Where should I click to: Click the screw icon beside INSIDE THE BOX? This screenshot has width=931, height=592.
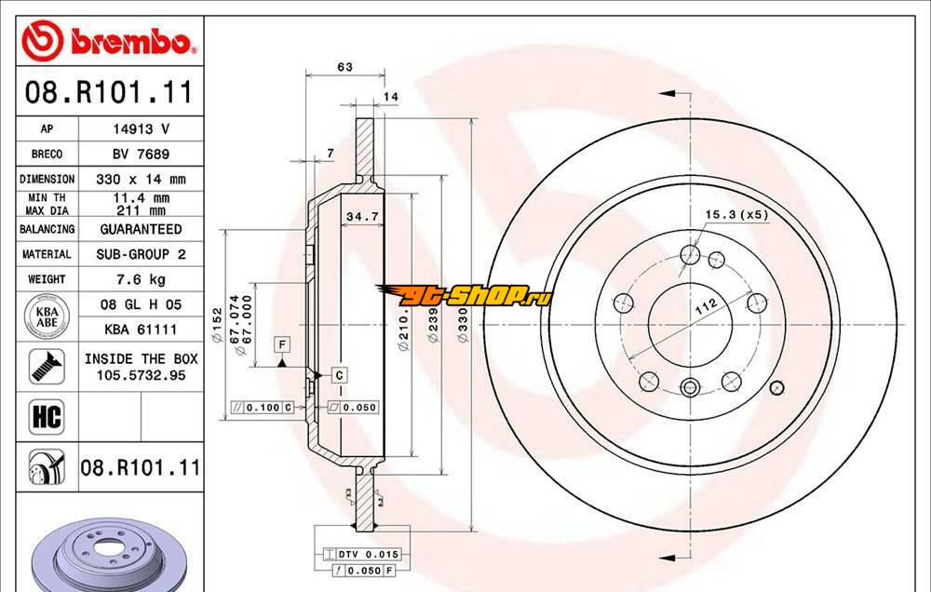click(46, 366)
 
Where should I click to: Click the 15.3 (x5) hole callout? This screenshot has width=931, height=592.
click(735, 215)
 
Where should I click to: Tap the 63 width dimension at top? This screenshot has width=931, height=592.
click(344, 66)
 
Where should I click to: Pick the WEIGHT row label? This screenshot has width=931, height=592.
click(47, 279)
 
